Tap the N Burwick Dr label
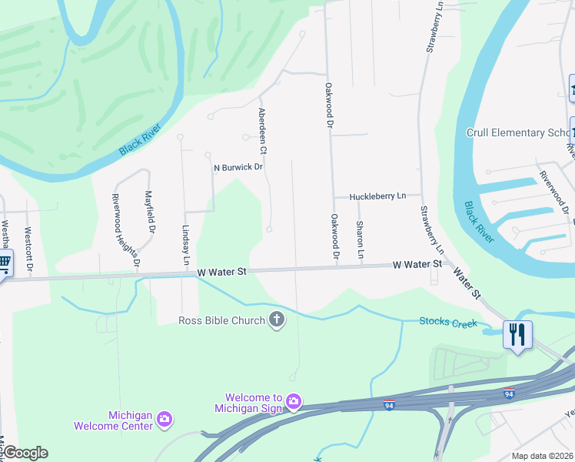[238, 166]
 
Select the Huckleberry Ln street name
[377, 197]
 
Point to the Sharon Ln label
[360, 239]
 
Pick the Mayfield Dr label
[151, 214]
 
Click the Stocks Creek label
[448, 322]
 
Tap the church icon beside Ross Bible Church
[277, 320]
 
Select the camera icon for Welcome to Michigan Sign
[293, 402]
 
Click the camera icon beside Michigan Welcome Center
[164, 420]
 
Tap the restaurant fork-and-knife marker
[517, 335]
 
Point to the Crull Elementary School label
[520, 132]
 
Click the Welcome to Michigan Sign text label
[248, 402]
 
